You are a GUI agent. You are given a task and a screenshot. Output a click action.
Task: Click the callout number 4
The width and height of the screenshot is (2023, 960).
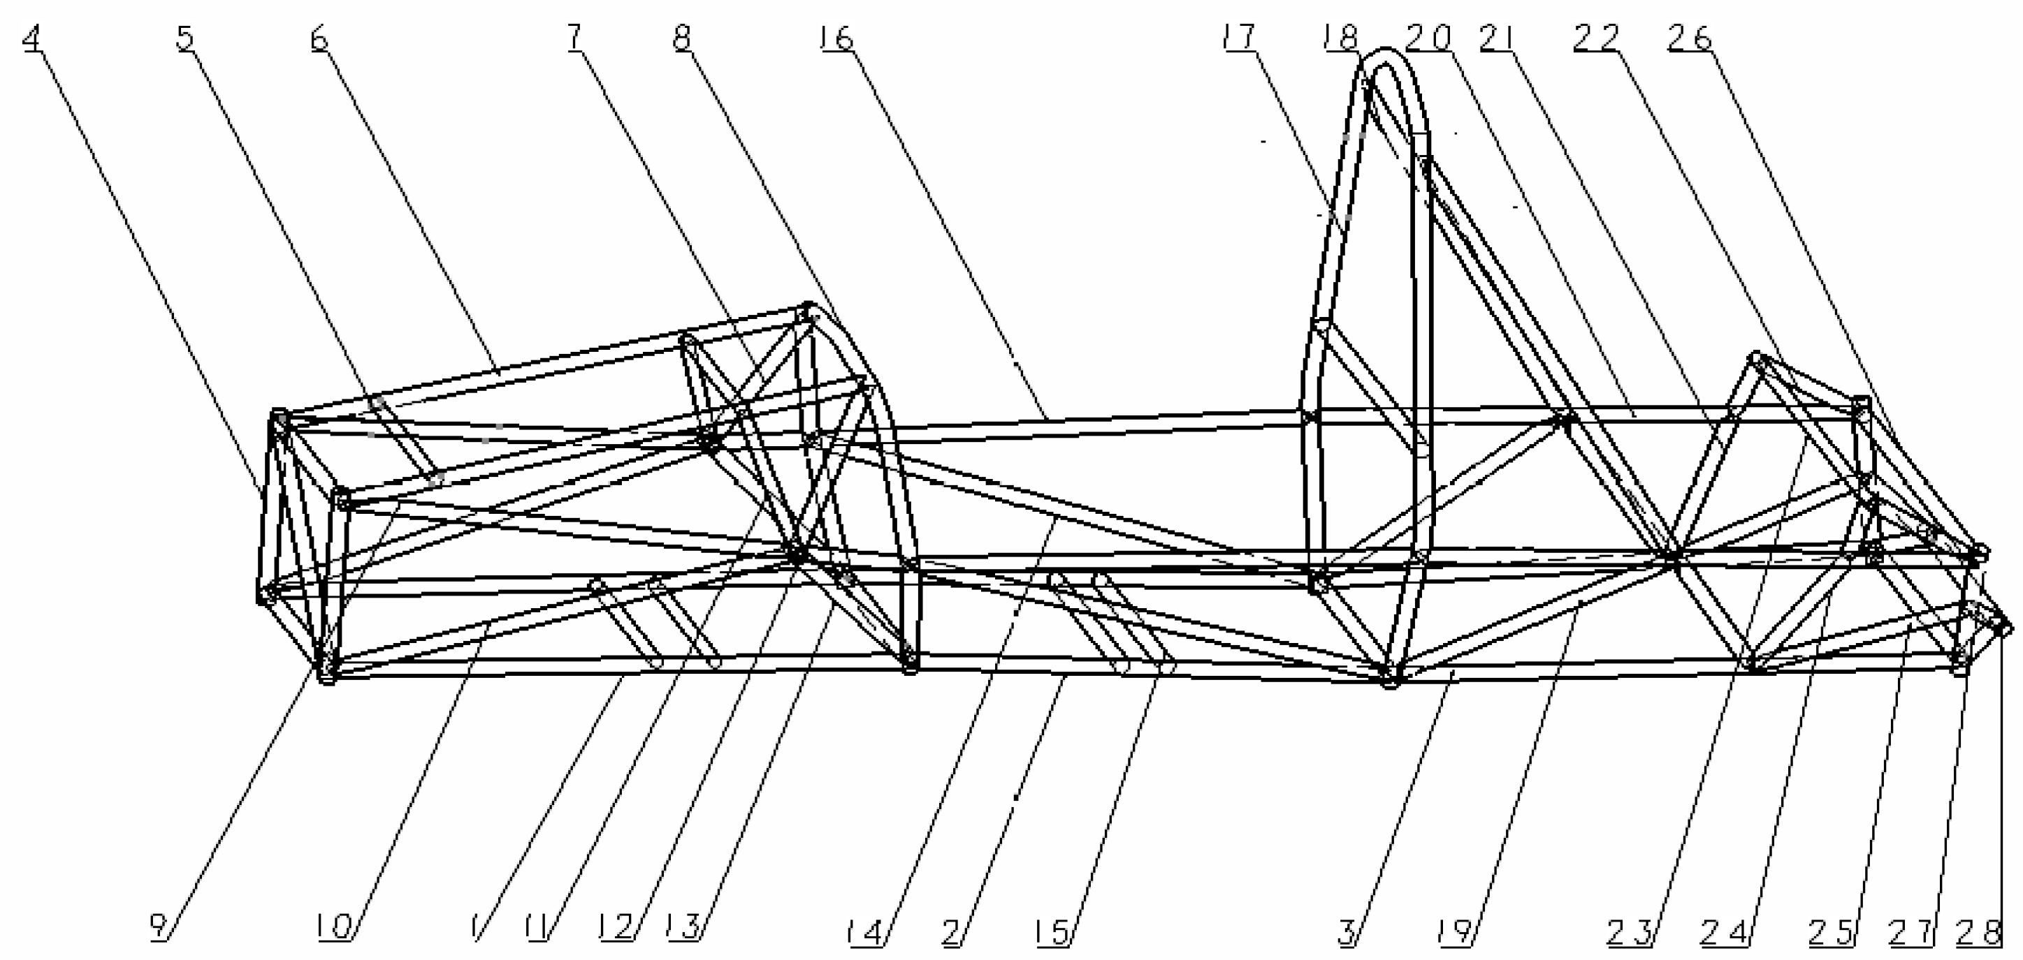[31, 37]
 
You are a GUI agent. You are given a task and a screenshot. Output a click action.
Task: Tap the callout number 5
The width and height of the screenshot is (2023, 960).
[185, 37]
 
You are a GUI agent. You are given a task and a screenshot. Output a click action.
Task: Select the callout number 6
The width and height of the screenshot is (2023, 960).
[319, 37]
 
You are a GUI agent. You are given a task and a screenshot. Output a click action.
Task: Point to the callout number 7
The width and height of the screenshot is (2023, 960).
[576, 37]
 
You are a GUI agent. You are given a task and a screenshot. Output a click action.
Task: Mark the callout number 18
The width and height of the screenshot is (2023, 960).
[1340, 37]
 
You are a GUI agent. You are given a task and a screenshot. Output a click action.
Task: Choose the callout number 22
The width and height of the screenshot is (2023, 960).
[1597, 37]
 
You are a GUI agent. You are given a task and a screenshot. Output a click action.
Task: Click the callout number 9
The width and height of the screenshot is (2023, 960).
[159, 928]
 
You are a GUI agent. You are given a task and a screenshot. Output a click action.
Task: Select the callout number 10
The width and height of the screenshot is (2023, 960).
[334, 928]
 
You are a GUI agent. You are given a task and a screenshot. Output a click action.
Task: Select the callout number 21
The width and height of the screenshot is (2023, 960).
[1500, 37]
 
